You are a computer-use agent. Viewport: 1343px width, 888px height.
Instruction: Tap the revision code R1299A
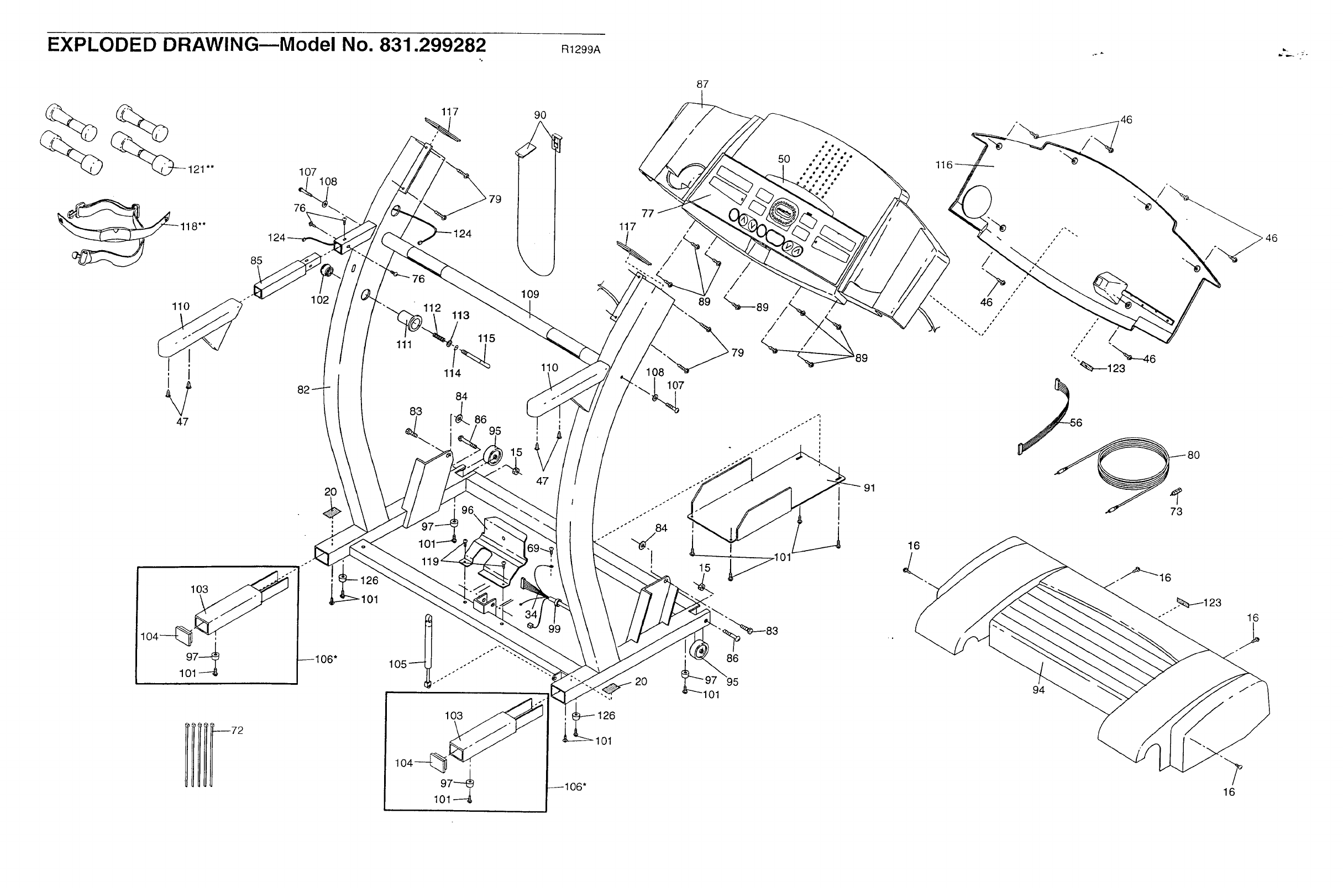point(580,50)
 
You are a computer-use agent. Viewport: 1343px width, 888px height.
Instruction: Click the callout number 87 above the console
point(702,84)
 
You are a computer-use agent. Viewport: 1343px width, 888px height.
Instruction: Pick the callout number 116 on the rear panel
point(943,165)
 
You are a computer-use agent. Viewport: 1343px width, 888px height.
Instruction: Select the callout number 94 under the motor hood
point(1038,690)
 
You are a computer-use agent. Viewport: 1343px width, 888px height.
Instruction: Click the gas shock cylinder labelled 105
point(428,651)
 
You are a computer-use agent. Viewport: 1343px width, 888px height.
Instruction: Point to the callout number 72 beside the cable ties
point(237,731)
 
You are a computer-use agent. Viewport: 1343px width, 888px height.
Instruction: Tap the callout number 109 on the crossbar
point(530,294)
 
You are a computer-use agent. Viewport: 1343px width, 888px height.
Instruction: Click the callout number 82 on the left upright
point(304,390)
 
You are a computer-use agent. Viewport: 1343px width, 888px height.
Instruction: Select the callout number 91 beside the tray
point(869,488)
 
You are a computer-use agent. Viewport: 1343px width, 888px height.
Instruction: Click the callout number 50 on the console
point(784,159)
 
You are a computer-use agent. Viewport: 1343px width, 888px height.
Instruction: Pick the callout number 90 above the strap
point(540,115)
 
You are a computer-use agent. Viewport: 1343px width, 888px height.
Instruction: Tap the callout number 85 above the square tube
point(256,261)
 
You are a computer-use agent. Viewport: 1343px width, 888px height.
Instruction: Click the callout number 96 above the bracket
point(467,510)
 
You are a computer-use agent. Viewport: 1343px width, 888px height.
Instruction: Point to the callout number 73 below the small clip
point(1177,511)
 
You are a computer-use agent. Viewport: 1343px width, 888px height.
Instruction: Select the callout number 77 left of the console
point(648,214)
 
